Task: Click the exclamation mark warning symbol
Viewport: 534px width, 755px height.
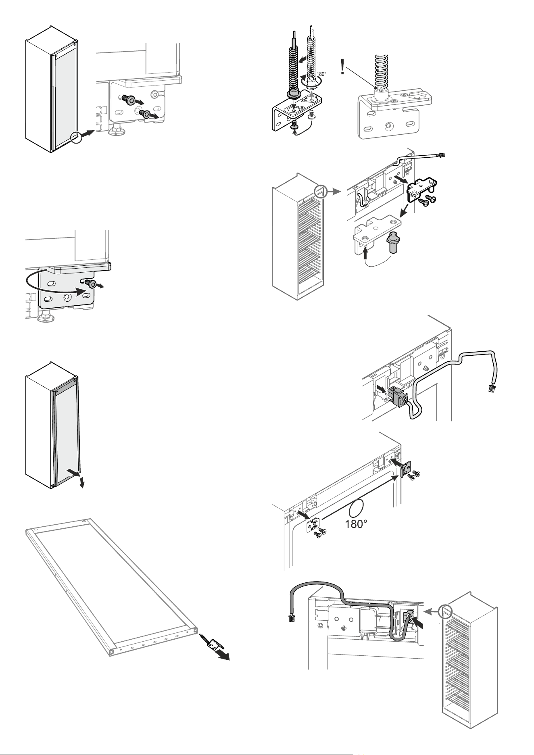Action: pyautogui.click(x=342, y=67)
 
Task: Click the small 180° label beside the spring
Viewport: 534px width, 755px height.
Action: pyautogui.click(x=321, y=75)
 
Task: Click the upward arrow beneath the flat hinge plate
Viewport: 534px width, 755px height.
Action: pyautogui.click(x=365, y=254)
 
